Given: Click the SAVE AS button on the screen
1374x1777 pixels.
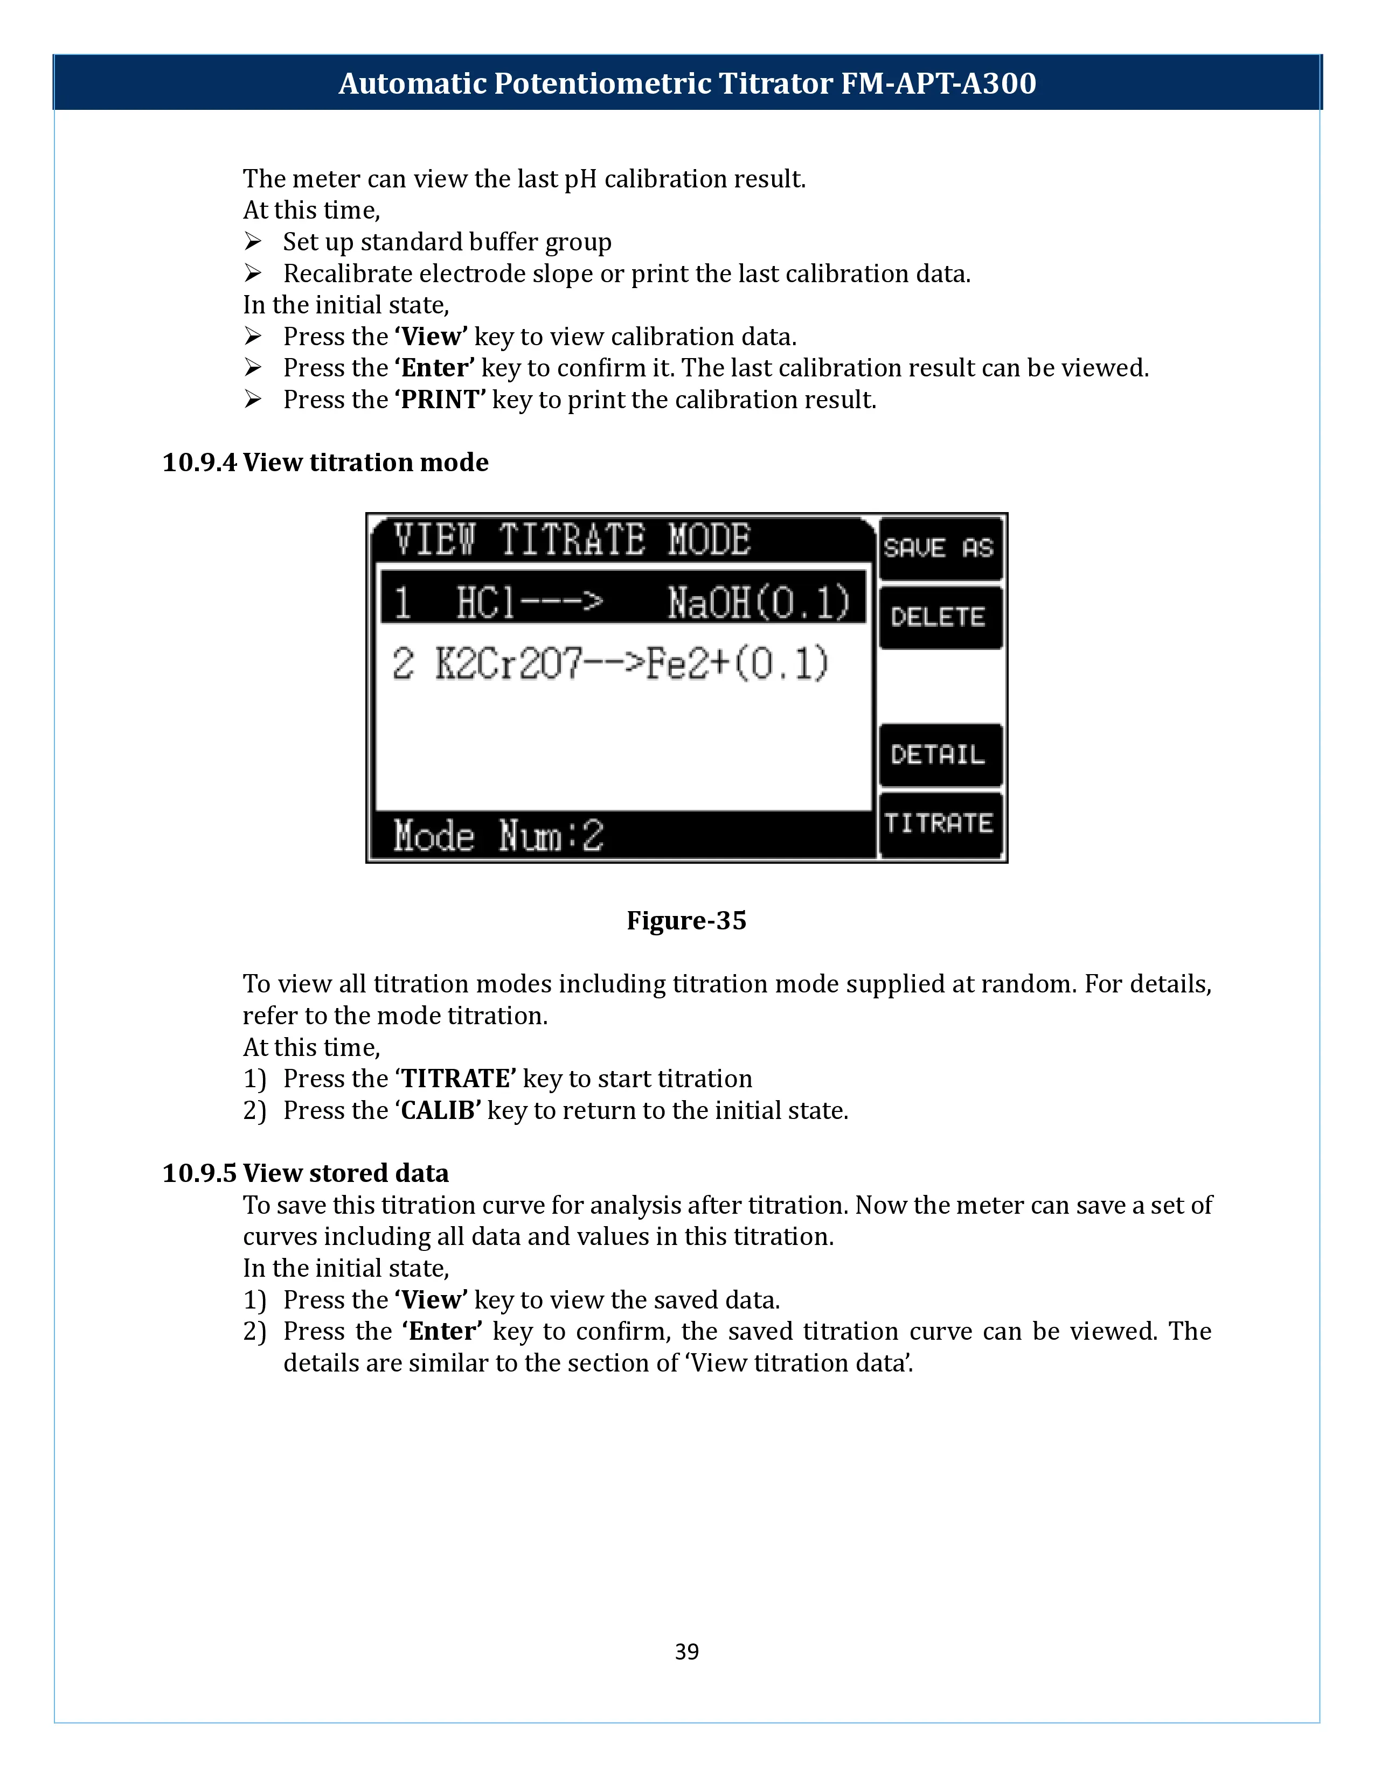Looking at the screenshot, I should click(939, 548).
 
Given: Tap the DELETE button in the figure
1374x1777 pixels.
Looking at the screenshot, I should click(939, 617).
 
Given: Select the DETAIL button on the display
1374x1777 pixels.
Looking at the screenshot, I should click(939, 754).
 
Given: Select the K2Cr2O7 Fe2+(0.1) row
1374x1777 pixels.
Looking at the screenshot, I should click(610, 663).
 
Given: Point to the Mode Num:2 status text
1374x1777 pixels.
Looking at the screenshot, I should click(498, 836).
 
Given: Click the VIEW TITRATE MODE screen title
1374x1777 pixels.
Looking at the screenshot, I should click(571, 540).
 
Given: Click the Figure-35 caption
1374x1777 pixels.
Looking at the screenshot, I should click(686, 920).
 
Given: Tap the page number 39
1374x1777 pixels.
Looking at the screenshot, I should click(686, 1652).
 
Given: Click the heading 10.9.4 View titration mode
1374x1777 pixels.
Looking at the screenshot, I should click(325, 462).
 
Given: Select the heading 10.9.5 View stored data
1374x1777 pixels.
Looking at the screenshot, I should click(305, 1173).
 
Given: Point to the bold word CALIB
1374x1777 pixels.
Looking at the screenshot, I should click(438, 1110).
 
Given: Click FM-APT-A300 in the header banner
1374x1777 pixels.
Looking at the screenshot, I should click(938, 83).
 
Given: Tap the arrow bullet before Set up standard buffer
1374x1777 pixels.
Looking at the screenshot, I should click(253, 242).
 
